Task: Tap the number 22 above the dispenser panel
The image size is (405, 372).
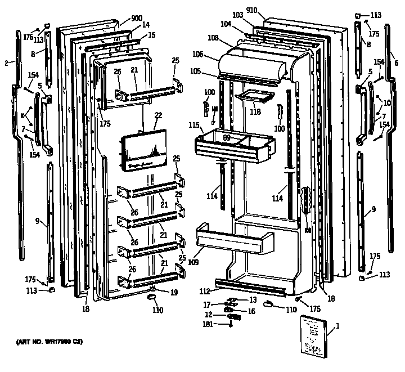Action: pos(158,115)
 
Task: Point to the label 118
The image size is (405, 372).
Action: pos(255,112)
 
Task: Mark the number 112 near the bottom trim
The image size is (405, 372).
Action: pos(205,291)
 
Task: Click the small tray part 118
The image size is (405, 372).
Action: pos(252,98)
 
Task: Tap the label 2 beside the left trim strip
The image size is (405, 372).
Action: pos(6,63)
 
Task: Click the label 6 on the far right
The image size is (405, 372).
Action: pos(397,62)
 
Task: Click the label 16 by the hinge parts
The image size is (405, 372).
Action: pos(251,311)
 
